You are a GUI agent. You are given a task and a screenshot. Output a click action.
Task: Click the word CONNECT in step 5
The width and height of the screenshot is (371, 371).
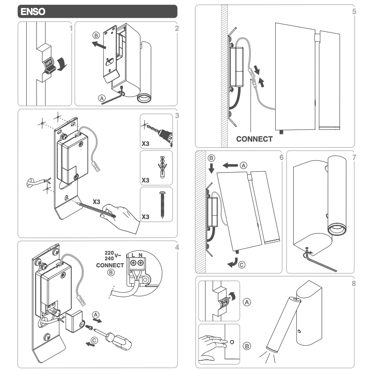tap(254, 139)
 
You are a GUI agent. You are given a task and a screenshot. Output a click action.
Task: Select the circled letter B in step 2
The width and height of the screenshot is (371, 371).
tap(96, 36)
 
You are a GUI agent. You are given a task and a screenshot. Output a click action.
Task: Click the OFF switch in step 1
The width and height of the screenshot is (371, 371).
tap(49, 64)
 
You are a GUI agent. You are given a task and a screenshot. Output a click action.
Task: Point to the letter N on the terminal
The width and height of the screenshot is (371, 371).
tap(140, 255)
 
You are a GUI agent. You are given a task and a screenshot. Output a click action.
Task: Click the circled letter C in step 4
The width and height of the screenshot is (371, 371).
tap(95, 341)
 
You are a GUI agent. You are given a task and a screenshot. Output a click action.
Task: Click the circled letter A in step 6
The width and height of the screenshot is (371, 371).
tap(242, 165)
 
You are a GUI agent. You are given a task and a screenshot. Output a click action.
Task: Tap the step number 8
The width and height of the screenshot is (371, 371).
tap(353, 283)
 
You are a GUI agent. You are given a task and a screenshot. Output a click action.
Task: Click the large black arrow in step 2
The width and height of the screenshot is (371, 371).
tap(100, 45)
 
